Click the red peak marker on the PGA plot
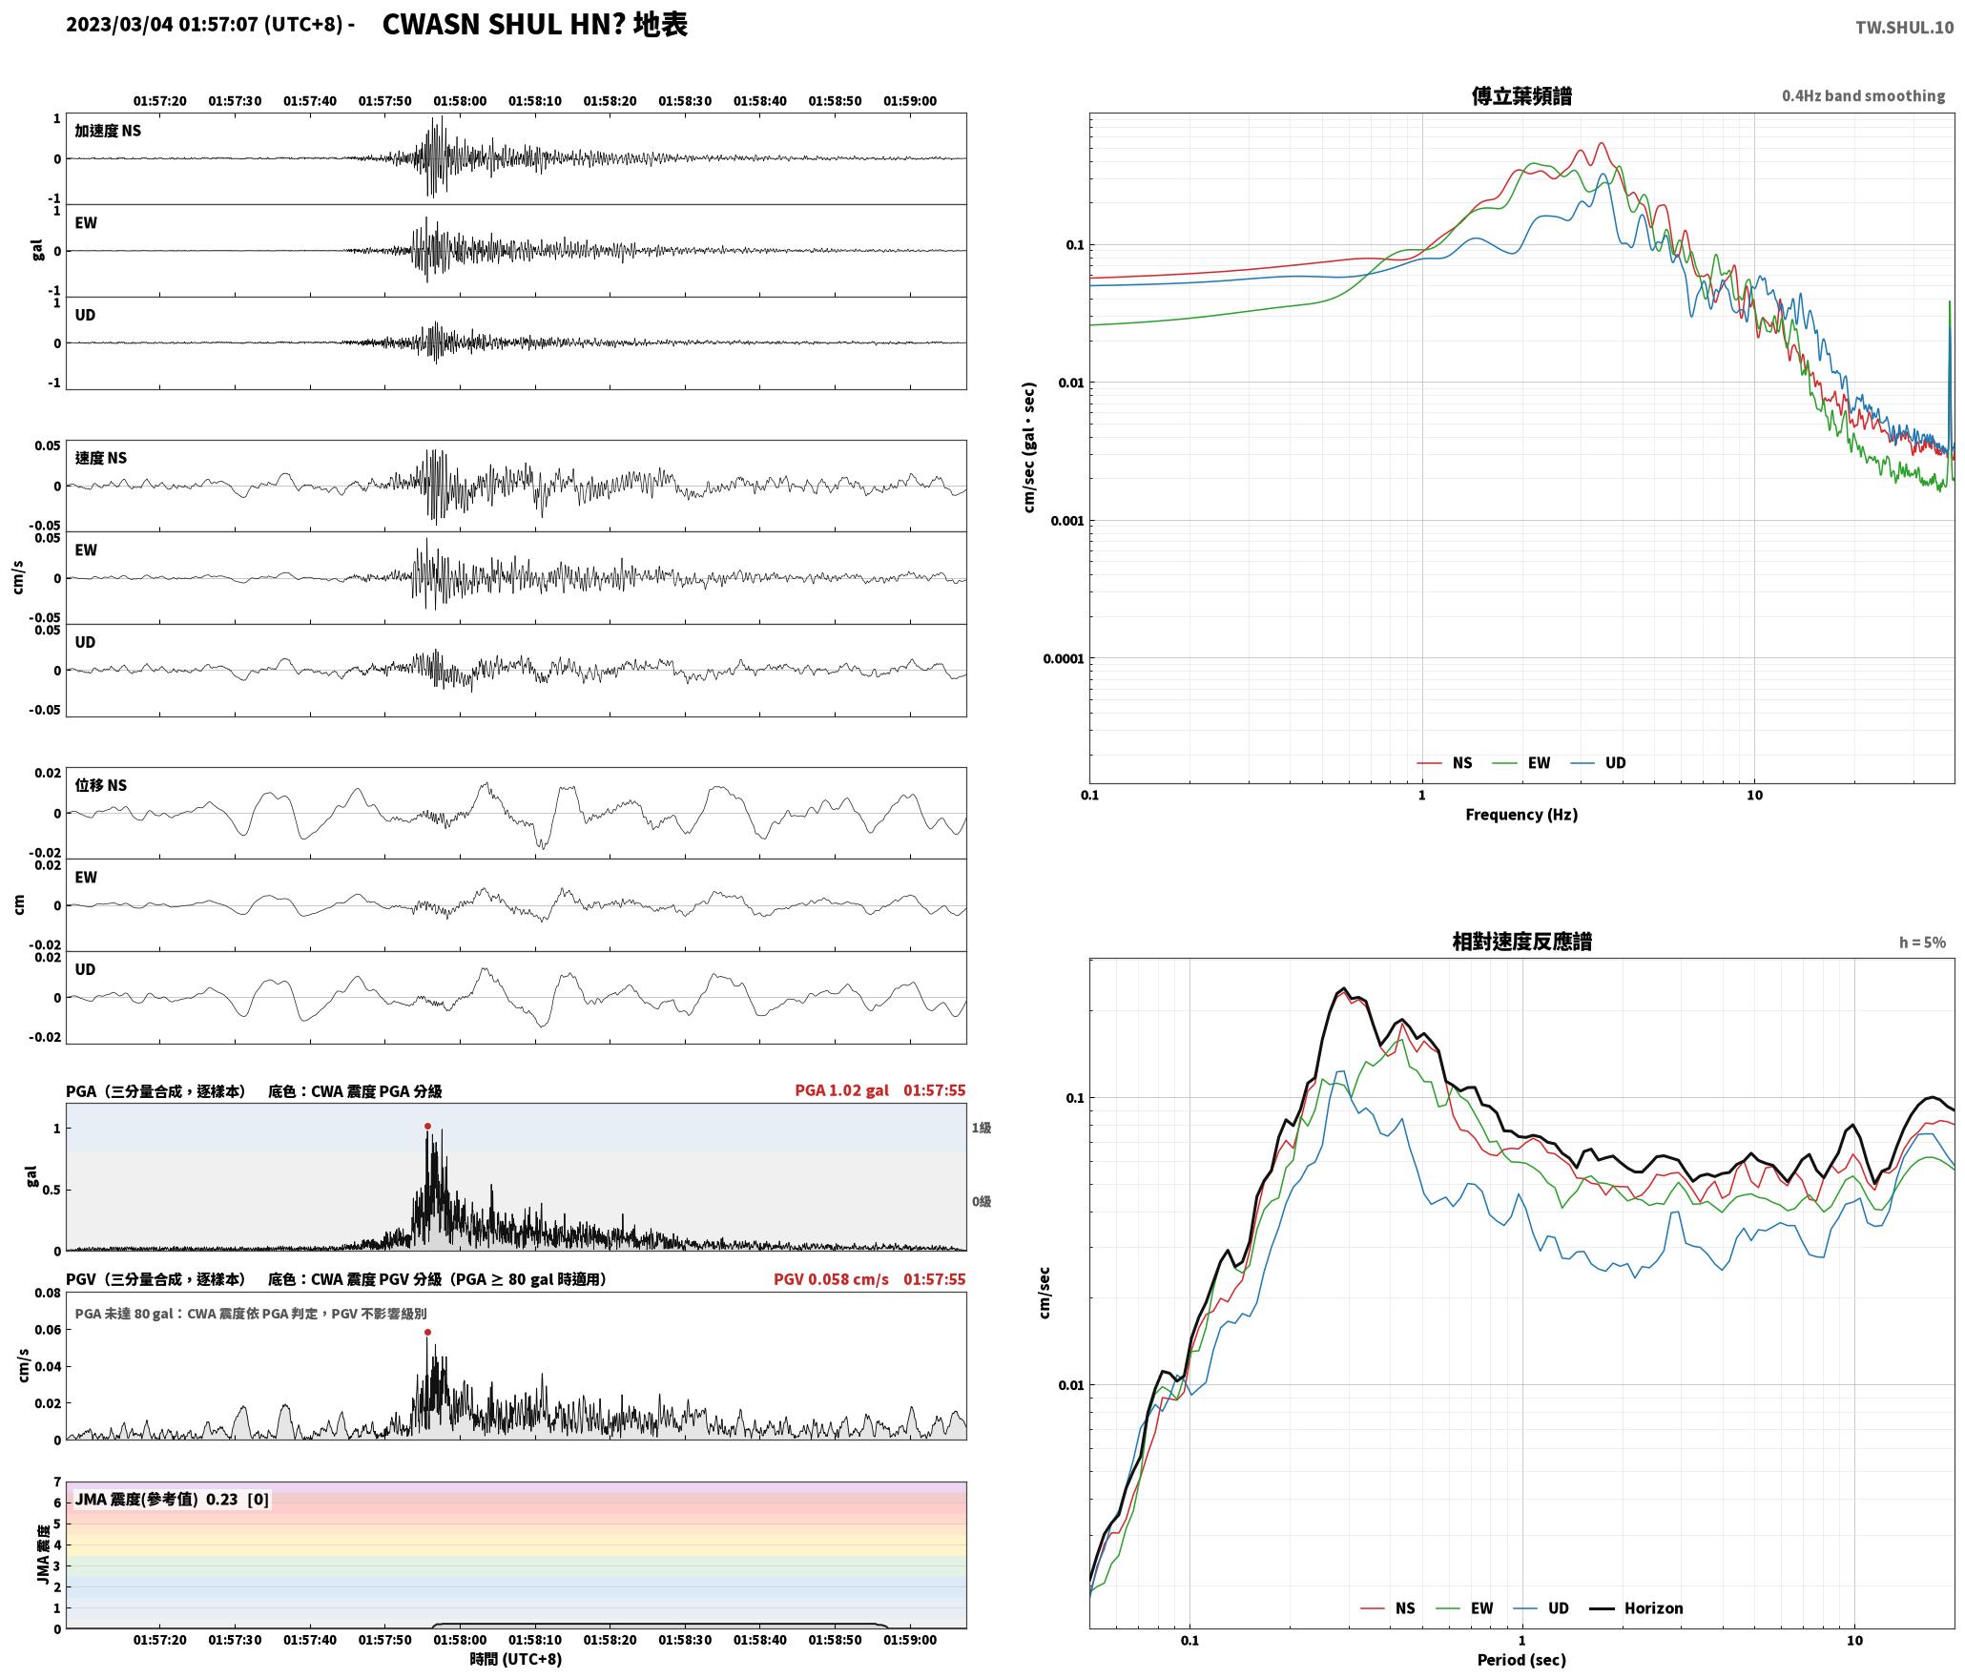pyautogui.click(x=427, y=1126)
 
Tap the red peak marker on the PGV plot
pyautogui.click(x=427, y=1332)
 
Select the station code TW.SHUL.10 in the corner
pyautogui.click(x=1904, y=28)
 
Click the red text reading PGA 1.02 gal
pyautogui.click(x=841, y=1090)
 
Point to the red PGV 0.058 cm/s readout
pyautogui.click(x=831, y=1279)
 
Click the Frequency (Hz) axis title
pyautogui.click(x=1521, y=815)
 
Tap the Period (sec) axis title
pyautogui.click(x=1521, y=1660)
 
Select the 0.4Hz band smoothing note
pyautogui.click(x=1863, y=96)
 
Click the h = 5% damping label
pyautogui.click(x=1922, y=943)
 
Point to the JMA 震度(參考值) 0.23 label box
pyautogui.click(x=172, y=1500)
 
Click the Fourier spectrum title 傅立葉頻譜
pyautogui.click(x=1521, y=96)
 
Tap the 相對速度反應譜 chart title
pyautogui.click(x=1521, y=942)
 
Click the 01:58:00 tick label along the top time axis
pyautogui.click(x=460, y=101)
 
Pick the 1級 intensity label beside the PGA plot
pyautogui.click(x=982, y=1128)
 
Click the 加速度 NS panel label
pyautogui.click(x=108, y=131)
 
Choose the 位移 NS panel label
pyautogui.click(x=101, y=785)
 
